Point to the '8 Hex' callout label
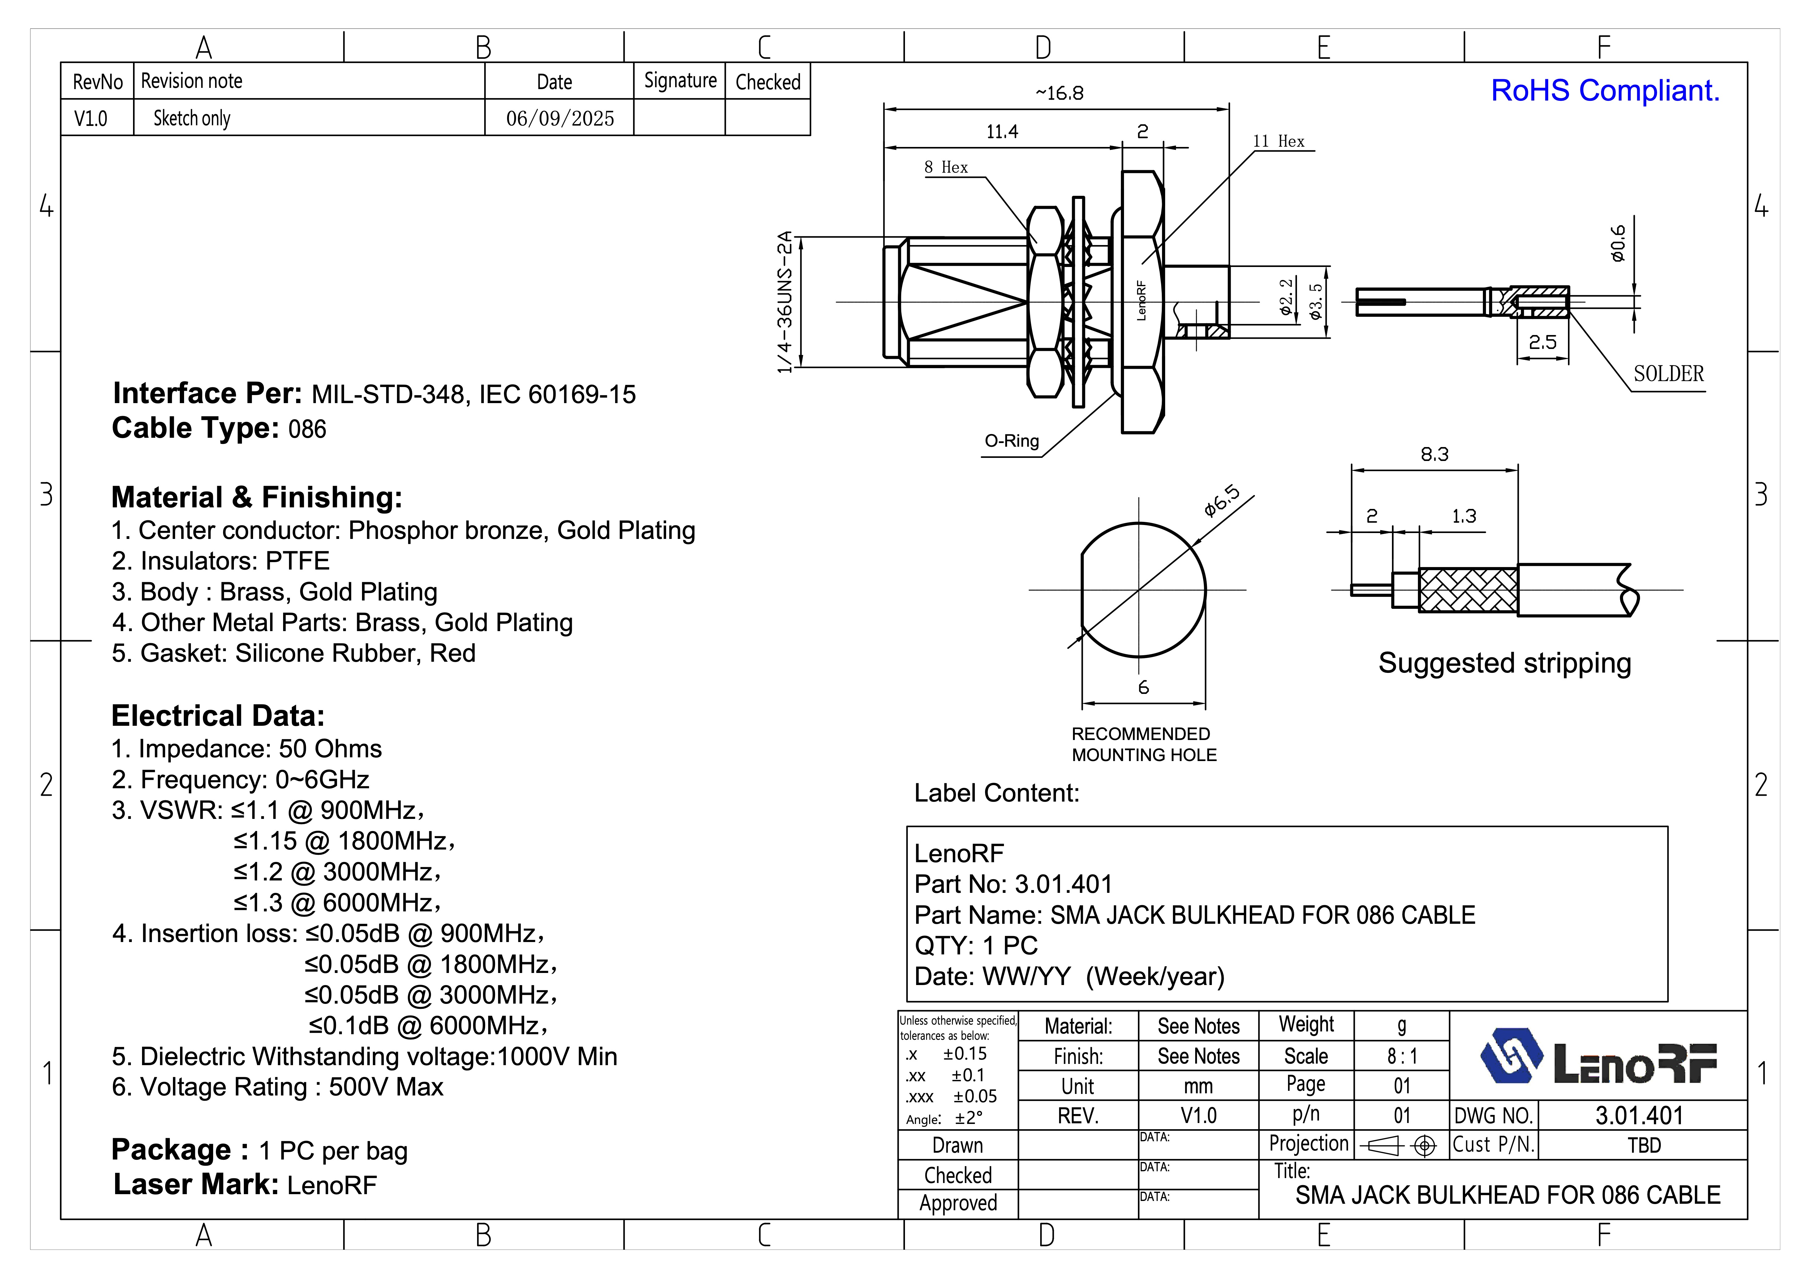coord(945,167)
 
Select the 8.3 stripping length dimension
coord(1434,455)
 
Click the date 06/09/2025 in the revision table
coord(559,118)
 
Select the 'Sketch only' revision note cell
coord(192,118)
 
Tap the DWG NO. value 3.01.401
coord(1639,1116)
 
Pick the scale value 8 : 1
coord(1402,1056)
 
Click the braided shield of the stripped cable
coord(1468,590)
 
